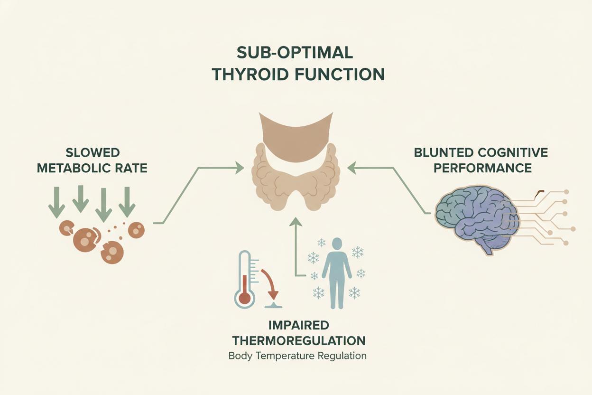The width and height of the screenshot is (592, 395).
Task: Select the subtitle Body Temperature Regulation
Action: [x=297, y=356]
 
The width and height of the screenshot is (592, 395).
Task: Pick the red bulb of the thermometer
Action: [x=244, y=298]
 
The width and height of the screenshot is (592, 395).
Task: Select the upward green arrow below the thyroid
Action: [x=296, y=247]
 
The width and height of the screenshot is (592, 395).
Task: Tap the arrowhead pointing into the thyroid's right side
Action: [x=351, y=167]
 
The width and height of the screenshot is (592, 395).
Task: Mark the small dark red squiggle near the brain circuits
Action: [x=538, y=192]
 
